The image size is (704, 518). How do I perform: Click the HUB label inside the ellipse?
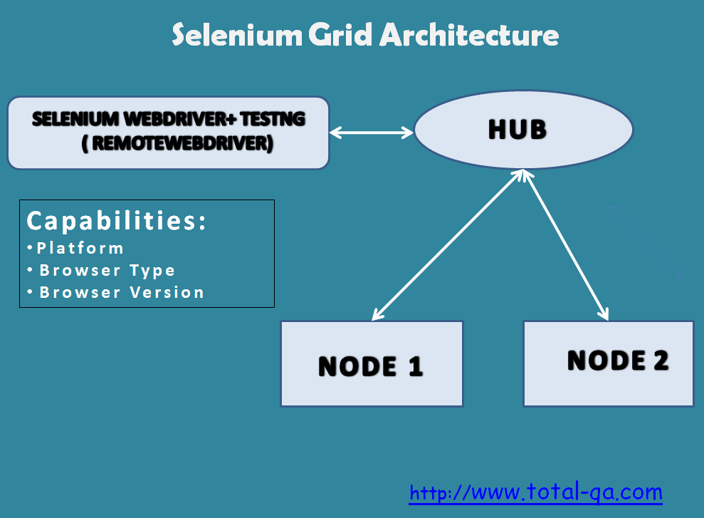[518, 130]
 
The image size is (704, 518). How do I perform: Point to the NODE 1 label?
[371, 366]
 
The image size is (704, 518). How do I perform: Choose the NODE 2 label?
[618, 361]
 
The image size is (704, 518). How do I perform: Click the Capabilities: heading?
[117, 221]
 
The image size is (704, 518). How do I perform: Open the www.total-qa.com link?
[535, 492]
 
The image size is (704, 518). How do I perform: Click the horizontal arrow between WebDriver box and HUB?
[372, 133]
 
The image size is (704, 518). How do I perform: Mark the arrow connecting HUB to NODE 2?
[567, 244]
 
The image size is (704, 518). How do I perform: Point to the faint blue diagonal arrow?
[644, 242]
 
